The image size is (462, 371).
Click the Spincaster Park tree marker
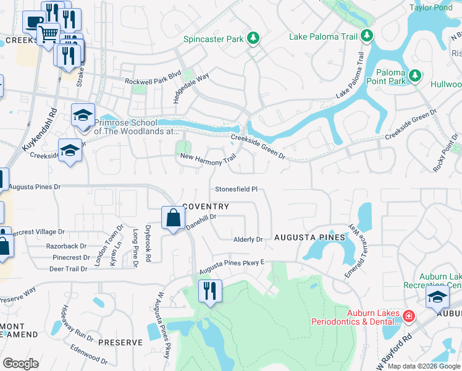pos(253,39)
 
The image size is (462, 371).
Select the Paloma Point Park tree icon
pos(416,76)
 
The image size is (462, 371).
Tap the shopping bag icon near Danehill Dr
pos(174,218)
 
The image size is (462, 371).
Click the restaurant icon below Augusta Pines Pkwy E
pos(210,291)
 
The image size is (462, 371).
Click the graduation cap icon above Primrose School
pos(83,115)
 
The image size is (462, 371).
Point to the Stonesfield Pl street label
pos(236,189)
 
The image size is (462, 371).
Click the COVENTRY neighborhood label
pos(206,207)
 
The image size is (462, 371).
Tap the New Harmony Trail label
pos(208,158)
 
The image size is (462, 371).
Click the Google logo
pos(20,364)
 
